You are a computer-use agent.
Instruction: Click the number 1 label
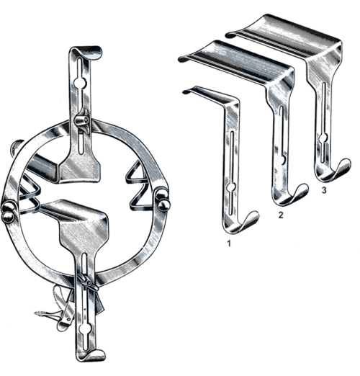click(x=229, y=243)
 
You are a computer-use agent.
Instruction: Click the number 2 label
click(x=281, y=215)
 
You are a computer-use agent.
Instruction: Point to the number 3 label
click(x=324, y=190)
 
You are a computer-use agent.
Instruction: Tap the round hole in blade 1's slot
click(x=231, y=187)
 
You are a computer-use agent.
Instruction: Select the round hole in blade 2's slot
click(x=283, y=160)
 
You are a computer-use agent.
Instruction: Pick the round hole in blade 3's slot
click(x=324, y=138)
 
